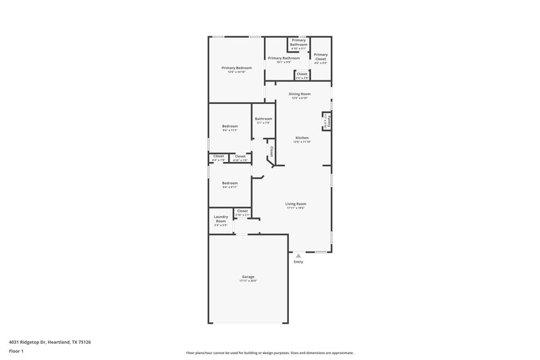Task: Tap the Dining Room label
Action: click(300, 94)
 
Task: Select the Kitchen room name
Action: click(302, 138)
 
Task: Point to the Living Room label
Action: click(296, 203)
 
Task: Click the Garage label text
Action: click(248, 276)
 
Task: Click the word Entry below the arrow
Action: click(298, 262)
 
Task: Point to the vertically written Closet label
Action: click(271, 151)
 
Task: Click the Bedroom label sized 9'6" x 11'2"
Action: click(230, 126)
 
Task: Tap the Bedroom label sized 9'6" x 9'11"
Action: click(230, 183)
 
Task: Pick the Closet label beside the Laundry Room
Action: click(242, 211)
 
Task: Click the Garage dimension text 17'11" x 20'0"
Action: click(248, 280)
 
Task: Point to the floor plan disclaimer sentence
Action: click(270, 353)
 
